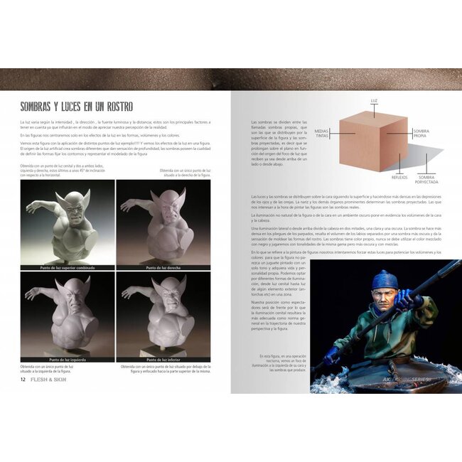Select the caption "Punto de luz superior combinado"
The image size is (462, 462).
pyautogui.click(x=68, y=268)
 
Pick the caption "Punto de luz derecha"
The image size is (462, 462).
pyautogui.click(x=163, y=268)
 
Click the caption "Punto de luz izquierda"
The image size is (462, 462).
pyautogui.click(x=68, y=360)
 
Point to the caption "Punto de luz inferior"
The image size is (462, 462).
pyautogui.click(x=163, y=360)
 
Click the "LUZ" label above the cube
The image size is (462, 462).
pyautogui.click(x=374, y=102)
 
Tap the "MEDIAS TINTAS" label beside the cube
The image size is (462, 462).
pyautogui.click(x=321, y=133)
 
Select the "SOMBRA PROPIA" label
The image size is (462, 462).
pyautogui.click(x=421, y=133)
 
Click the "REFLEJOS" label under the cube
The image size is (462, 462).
pyautogui.click(x=399, y=169)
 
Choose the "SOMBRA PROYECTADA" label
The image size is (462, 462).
pyautogui.click(x=426, y=179)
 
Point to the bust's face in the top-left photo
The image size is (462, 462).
pyautogui.click(x=71, y=206)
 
